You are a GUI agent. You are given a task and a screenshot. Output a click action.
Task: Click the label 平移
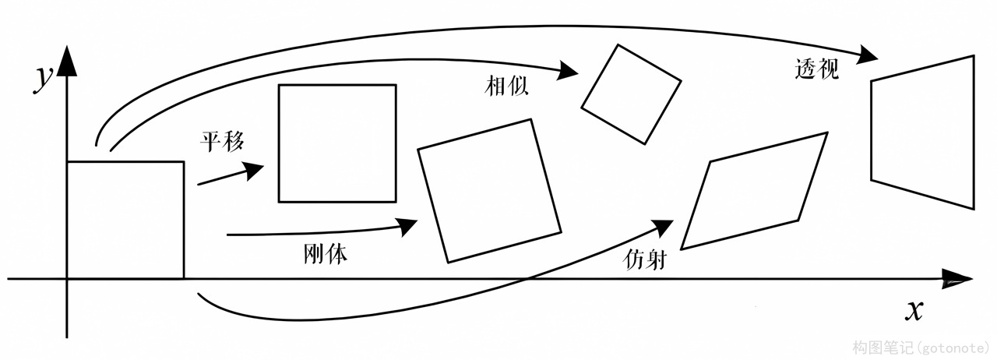pos(223,141)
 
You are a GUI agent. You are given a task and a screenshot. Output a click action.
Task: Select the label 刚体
pos(325,254)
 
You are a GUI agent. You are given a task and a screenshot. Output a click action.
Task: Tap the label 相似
pos(506,86)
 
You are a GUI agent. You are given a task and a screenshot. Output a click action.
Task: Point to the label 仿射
pos(645,259)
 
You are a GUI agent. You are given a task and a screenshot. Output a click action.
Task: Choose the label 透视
pos(814,70)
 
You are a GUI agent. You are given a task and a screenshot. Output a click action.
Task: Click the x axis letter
pos(914,310)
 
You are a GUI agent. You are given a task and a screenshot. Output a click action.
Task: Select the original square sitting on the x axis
pos(125,219)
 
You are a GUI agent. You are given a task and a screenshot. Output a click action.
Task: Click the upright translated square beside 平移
pos(337,143)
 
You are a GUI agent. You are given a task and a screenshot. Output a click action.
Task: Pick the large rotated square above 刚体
pos(489,190)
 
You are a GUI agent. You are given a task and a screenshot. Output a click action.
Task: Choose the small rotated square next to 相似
pos(631,94)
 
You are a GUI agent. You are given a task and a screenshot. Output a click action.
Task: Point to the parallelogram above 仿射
pos(754,191)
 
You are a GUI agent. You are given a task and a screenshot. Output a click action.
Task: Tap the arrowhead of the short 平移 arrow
pos(254,171)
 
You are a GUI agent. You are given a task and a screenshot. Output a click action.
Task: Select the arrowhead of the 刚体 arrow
pos(407,226)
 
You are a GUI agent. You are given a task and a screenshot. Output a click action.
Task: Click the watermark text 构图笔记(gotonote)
pos(921,347)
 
